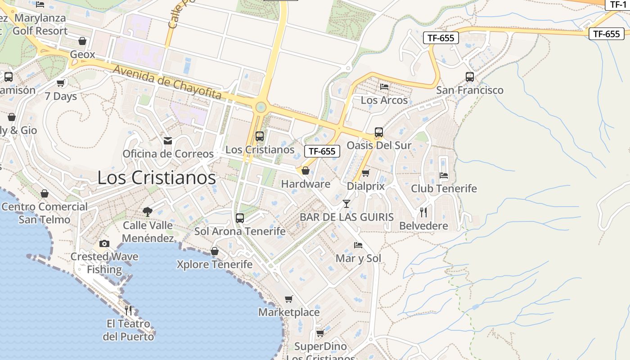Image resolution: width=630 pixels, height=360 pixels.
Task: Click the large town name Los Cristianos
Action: (157, 178)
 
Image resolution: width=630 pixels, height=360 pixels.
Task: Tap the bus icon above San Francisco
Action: (470, 77)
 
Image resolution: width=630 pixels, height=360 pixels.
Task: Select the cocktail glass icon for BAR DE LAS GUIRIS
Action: (346, 204)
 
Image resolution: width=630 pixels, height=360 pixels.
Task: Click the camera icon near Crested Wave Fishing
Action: (104, 244)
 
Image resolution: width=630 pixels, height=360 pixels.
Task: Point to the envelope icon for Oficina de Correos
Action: (168, 141)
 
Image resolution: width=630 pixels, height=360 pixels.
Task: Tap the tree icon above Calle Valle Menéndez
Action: (147, 212)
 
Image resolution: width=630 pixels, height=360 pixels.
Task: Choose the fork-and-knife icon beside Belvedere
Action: (423, 212)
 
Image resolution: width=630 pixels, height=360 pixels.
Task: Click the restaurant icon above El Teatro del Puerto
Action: (128, 310)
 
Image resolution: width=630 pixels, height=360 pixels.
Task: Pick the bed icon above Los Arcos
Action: (384, 87)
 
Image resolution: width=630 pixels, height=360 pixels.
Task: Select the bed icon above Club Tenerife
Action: (444, 175)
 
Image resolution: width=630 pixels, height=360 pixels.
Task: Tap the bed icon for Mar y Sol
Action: (358, 245)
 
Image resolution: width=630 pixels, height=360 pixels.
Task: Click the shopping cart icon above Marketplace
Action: (289, 299)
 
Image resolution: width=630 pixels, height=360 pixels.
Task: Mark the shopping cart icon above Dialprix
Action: (365, 173)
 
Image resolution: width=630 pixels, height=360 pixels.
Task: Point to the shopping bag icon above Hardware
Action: (306, 171)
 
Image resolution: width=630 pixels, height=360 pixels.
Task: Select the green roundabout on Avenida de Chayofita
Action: (261, 107)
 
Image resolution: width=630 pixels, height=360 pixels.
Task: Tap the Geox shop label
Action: (83, 54)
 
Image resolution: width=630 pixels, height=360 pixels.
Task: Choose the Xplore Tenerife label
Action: (214, 264)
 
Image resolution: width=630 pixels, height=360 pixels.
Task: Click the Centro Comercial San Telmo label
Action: (45, 213)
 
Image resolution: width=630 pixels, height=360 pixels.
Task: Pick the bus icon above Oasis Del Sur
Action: (379, 132)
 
